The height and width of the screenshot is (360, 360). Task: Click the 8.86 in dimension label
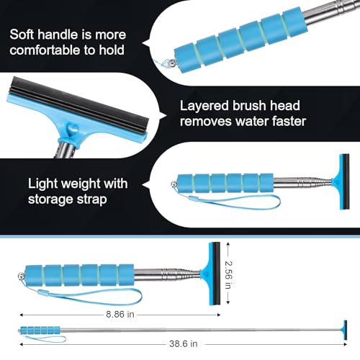click(120, 314)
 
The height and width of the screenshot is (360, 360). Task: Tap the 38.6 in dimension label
click(184, 343)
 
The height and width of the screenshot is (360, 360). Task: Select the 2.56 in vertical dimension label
click(228, 275)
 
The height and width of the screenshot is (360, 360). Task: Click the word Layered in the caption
click(204, 106)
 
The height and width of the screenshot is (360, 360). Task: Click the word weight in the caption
click(77, 184)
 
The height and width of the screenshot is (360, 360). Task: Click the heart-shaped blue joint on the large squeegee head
click(72, 130)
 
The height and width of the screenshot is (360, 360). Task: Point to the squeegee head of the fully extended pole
click(345, 330)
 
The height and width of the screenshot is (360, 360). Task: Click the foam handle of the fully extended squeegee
click(40, 330)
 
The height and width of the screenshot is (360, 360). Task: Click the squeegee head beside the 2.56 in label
click(211, 274)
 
